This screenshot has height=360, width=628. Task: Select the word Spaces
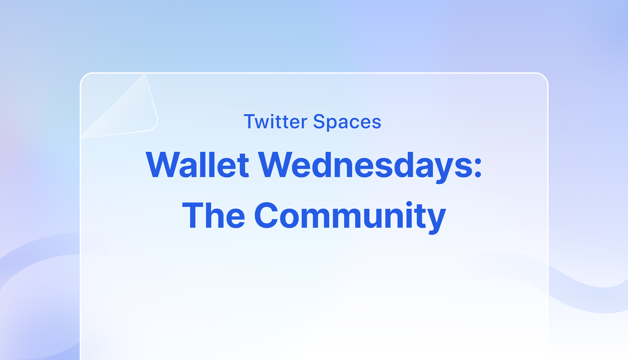pyautogui.click(x=347, y=122)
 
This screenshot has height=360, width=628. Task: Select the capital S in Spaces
pyautogui.click(x=319, y=122)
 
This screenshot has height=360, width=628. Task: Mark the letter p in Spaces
pyautogui.click(x=331, y=124)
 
